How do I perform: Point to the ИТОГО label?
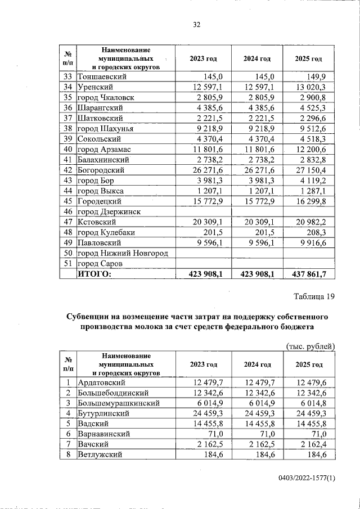click(x=95, y=274)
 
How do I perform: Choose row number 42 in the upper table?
click(x=68, y=170)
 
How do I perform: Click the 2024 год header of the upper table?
click(x=257, y=59)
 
